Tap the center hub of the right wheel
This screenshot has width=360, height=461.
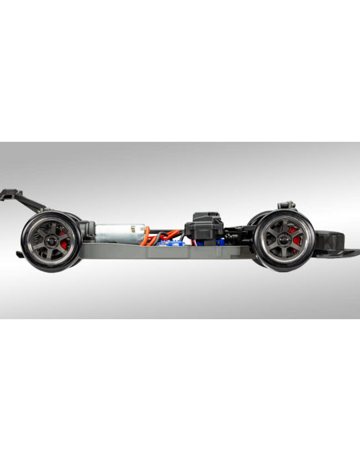point(283,240)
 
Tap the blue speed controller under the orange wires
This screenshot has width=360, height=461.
point(171,243)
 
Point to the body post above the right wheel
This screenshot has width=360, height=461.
point(286,205)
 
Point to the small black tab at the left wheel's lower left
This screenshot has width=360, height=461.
point(19,254)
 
